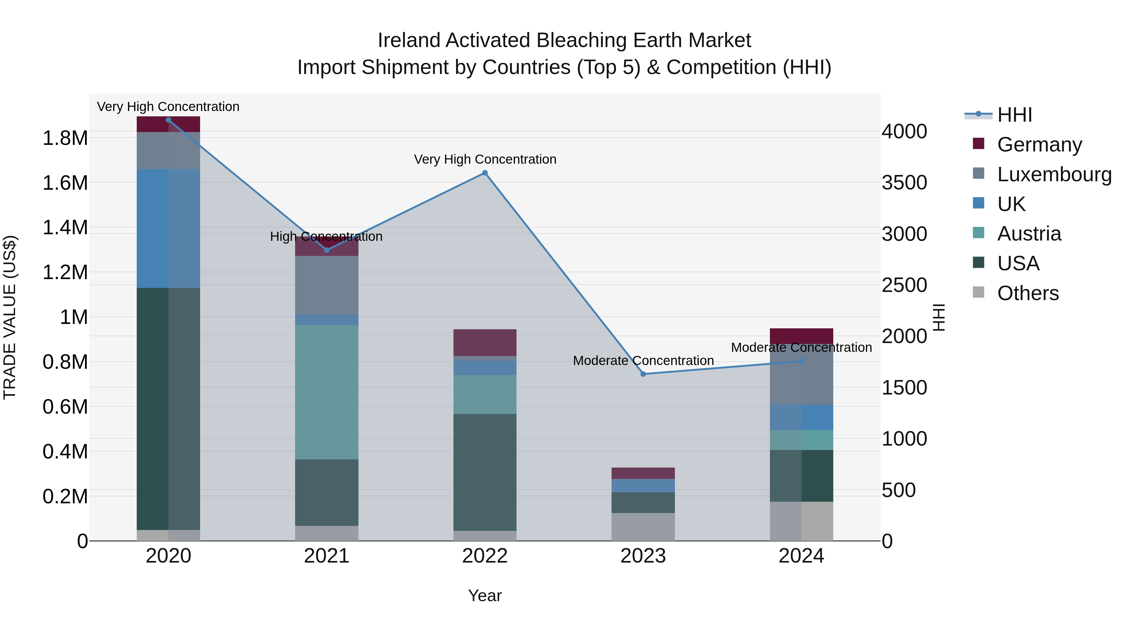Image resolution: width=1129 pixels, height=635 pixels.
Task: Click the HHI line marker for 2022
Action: [x=485, y=173]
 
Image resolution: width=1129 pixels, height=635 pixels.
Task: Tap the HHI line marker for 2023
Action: [x=643, y=374]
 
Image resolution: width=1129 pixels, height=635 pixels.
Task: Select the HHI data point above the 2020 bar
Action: [x=168, y=120]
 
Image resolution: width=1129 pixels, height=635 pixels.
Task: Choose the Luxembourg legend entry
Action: [x=1054, y=174]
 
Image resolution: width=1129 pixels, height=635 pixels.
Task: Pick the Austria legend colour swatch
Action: [x=978, y=233]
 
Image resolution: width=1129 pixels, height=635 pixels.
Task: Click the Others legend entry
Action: [x=1028, y=293]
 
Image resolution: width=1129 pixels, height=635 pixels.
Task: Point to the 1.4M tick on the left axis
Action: [x=65, y=227]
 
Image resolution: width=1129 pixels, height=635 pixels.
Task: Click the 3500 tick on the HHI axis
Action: [x=904, y=183]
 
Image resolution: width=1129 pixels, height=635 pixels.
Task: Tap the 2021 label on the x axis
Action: [x=326, y=556]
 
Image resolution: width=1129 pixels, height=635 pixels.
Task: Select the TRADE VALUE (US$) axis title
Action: [x=10, y=317]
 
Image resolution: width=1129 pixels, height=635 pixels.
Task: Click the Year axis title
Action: [x=485, y=595]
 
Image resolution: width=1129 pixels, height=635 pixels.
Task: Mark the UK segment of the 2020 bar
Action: [x=168, y=228]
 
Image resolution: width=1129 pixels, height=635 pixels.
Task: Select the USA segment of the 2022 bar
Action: [x=485, y=472]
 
